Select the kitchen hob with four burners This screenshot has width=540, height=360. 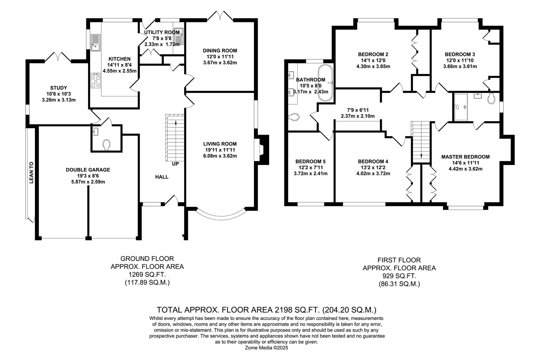[96, 81]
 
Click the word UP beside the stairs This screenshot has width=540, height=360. [175, 164]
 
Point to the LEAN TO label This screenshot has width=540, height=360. [32, 173]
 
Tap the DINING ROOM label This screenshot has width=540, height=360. [220, 51]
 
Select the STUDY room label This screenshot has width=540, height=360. [59, 88]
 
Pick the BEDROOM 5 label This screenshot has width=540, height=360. [310, 161]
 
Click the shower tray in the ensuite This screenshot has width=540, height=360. [461, 107]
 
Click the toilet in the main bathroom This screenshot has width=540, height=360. [294, 117]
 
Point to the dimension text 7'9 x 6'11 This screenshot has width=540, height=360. [357, 110]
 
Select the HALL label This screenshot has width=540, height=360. [162, 177]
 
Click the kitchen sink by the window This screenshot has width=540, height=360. [95, 43]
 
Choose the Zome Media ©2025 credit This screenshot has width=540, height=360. [266, 348]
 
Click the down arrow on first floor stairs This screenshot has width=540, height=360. [421, 155]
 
